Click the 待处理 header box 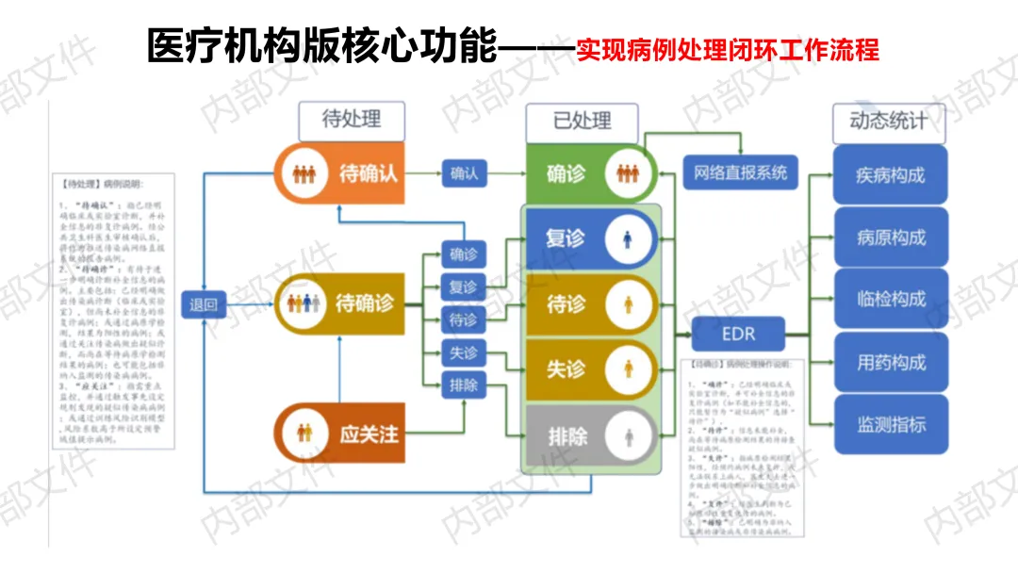352,120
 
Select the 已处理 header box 582,121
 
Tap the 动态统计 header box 888,121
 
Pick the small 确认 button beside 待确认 464,173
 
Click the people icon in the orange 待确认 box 303,174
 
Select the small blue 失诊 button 463,352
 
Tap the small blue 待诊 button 463,319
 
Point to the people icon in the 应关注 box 303,434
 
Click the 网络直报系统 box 740,173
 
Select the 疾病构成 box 890,175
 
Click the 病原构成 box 890,237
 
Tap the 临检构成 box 890,300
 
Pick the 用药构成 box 890,362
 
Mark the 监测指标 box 890,424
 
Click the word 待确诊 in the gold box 364,303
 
